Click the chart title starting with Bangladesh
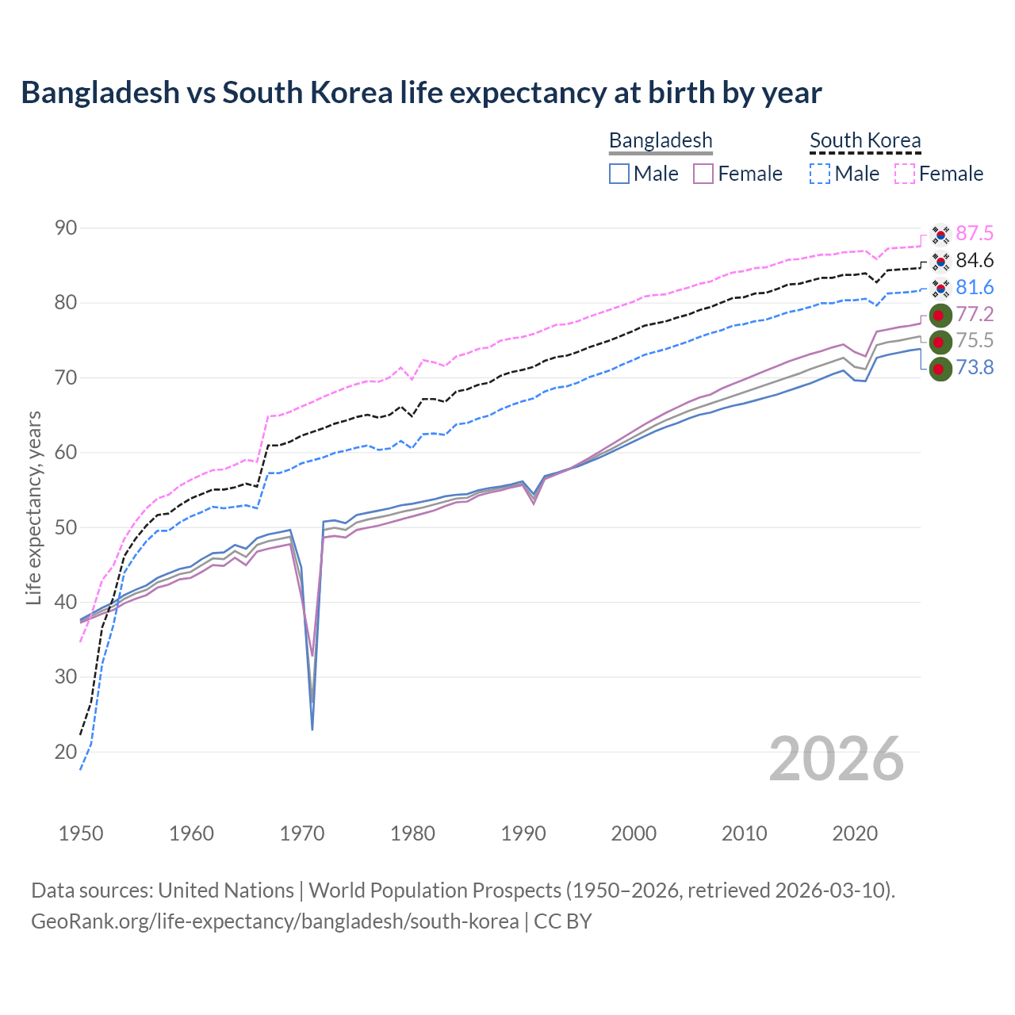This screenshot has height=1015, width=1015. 421,93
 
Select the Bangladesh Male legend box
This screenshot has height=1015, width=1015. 619,174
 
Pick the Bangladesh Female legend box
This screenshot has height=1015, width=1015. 704,174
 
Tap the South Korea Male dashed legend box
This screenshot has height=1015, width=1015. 820,174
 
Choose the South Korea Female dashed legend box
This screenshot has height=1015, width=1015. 905,174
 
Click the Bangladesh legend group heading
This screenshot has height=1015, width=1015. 661,140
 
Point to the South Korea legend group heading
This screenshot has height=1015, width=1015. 865,140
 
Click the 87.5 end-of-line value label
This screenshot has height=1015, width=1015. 975,233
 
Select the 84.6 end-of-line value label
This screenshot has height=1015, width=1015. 975,260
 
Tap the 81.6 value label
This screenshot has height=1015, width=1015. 975,287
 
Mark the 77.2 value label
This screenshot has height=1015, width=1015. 975,314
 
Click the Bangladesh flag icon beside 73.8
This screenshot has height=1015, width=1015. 940,369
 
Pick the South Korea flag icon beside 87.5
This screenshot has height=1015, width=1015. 940,234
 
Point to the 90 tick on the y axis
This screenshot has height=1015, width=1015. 66,228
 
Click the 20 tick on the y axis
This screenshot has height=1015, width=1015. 66,752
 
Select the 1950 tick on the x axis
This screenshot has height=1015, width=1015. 81,833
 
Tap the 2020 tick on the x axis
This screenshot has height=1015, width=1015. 855,833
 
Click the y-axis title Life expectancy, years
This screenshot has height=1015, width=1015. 34,507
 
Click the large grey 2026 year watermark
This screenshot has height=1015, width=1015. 837,759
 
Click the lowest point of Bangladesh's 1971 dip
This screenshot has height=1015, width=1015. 312,730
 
